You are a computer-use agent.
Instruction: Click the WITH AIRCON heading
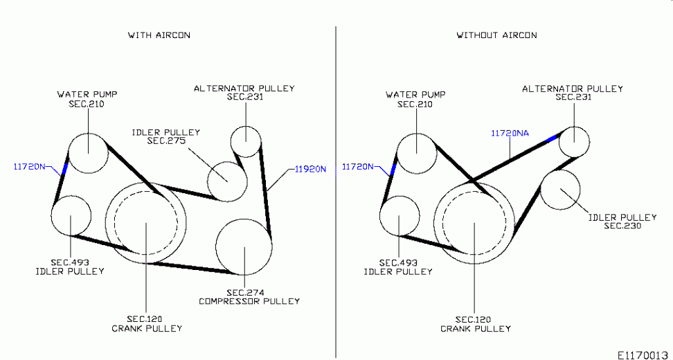159,35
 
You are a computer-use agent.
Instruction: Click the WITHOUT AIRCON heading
496,35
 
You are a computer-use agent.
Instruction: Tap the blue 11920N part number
310,169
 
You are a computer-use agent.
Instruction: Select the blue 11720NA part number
510,133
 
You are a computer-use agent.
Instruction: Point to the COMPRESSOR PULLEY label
249,301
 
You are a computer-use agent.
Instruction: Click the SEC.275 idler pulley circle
208,181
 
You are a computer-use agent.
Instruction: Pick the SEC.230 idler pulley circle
540,190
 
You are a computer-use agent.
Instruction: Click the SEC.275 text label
166,141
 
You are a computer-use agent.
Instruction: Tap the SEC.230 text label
622,226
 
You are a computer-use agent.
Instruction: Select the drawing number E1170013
645,355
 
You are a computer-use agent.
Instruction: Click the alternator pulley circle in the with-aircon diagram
231,141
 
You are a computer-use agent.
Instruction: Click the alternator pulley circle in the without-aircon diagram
559,142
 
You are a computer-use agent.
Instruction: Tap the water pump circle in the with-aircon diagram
69,153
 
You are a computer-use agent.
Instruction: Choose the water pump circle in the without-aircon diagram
397,153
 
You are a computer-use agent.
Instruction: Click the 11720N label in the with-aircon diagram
29,166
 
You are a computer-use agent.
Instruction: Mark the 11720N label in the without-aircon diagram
357,166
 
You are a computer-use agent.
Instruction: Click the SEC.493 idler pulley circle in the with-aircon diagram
51,215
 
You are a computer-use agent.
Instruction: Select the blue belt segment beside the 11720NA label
550,138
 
